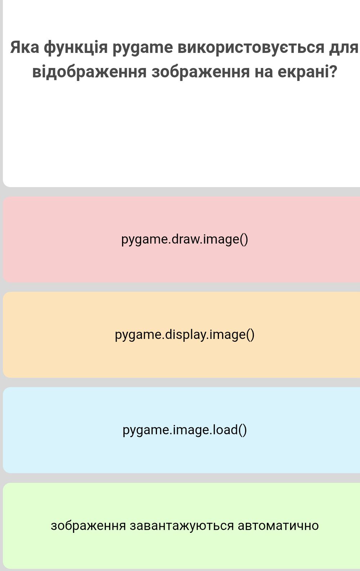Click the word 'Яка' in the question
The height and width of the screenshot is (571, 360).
coord(25,47)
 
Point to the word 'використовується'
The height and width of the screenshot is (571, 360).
coord(251,47)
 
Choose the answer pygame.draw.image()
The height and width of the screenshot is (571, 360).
coord(184,240)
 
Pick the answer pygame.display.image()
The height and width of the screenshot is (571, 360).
coord(184,335)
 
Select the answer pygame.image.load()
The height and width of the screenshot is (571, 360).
coord(184,430)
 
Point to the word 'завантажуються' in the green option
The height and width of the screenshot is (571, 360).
coord(182,526)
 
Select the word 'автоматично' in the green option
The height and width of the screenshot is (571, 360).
coord(278,526)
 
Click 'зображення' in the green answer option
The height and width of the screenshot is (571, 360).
coord(88,526)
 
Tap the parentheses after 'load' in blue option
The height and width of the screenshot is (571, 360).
coord(242,430)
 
